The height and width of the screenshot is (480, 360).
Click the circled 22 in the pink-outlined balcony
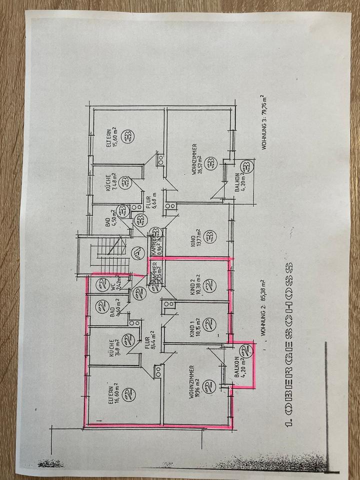pyautogui.click(x=245, y=350)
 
